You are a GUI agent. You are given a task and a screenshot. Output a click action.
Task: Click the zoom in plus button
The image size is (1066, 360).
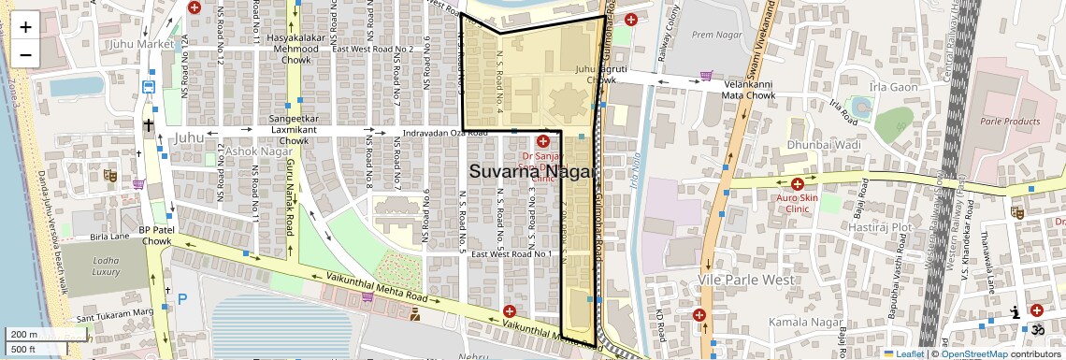[25, 26]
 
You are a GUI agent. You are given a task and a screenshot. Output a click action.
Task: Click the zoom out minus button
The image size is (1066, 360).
[25, 54]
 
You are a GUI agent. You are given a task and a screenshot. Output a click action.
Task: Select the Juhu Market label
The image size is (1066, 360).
[142, 43]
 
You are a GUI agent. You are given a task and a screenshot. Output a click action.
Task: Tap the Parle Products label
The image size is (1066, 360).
[1009, 122]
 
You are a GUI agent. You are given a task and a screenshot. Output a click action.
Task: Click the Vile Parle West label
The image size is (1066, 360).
[746, 280]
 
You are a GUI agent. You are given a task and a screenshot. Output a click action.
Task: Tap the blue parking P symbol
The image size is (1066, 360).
[182, 299]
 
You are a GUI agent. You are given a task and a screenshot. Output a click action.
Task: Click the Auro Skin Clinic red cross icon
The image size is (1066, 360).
[797, 184]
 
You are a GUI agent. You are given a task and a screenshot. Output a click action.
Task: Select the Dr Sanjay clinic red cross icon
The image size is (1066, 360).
[542, 141]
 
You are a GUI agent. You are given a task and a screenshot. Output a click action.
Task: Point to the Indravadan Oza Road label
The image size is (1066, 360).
[445, 134]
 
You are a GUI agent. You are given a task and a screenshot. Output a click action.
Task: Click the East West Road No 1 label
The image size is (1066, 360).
[511, 254]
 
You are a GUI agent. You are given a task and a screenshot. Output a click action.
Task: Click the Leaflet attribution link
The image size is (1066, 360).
[904, 353]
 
